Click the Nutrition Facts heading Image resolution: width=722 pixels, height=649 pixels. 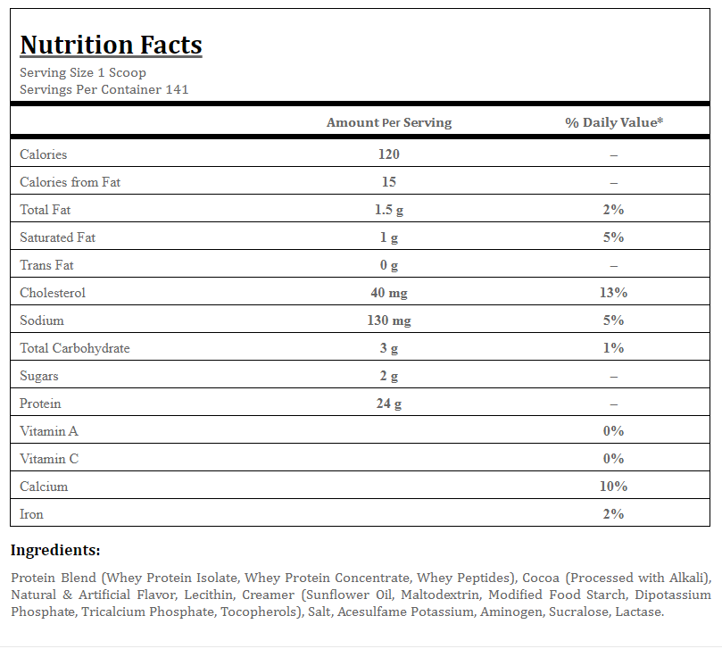click(x=111, y=46)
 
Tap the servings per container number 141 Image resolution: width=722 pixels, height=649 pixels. click(x=178, y=89)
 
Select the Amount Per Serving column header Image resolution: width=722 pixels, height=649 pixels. click(x=389, y=122)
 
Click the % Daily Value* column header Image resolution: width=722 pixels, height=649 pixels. click(x=614, y=122)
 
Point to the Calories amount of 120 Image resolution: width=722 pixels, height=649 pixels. click(x=389, y=154)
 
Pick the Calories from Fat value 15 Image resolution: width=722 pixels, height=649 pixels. click(x=389, y=182)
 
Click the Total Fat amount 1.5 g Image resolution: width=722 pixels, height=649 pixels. click(x=389, y=210)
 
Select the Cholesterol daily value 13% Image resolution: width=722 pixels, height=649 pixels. click(x=613, y=293)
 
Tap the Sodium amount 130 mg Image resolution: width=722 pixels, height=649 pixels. click(x=389, y=320)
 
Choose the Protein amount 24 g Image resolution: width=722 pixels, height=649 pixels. click(x=389, y=404)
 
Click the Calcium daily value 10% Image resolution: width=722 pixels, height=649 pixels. click(x=613, y=486)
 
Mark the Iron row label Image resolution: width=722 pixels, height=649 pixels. click(x=31, y=514)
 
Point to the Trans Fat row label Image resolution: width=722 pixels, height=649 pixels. click(x=46, y=265)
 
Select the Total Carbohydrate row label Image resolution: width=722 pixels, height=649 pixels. click(x=75, y=348)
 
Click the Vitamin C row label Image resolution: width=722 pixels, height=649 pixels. click(x=49, y=459)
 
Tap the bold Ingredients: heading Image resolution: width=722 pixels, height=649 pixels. click(x=55, y=550)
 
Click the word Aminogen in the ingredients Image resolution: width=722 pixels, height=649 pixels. click(x=512, y=612)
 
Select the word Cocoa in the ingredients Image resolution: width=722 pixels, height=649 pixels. click(x=541, y=578)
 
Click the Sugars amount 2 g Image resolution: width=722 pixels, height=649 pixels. click(x=389, y=376)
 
